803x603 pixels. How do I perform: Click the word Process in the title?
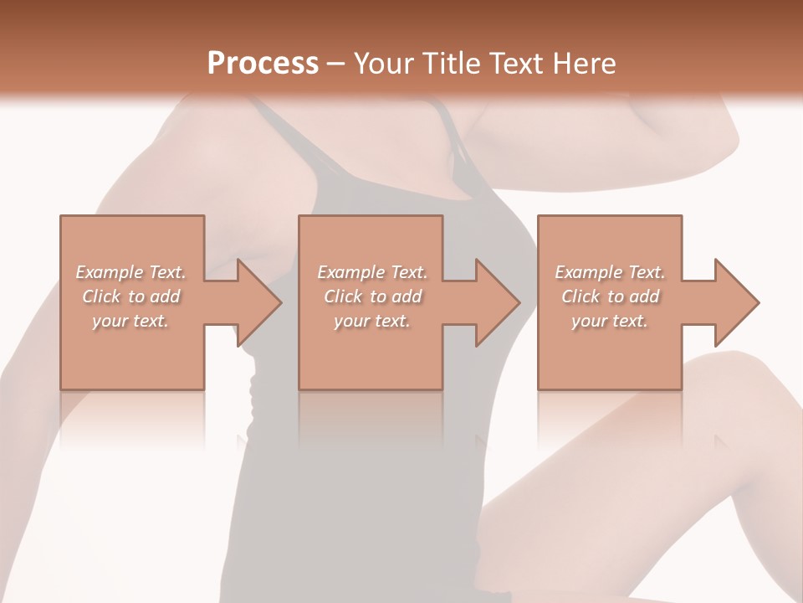tap(263, 64)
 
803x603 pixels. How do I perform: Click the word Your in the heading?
tap(386, 64)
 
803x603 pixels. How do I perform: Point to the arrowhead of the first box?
tap(259, 302)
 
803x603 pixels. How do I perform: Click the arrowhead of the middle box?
tap(498, 302)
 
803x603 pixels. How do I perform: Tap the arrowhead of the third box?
tap(737, 302)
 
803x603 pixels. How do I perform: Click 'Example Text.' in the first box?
tap(130, 272)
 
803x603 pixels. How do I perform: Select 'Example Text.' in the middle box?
tap(372, 272)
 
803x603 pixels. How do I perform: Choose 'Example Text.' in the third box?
tap(610, 272)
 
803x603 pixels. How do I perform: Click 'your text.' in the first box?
tap(130, 321)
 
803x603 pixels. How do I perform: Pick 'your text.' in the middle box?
tap(372, 321)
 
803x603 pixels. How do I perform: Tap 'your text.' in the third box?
tap(610, 321)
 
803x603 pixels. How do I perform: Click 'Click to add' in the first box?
tap(130, 296)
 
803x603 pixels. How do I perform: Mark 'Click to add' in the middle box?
tap(372, 296)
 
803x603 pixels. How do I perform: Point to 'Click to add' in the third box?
tap(610, 296)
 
